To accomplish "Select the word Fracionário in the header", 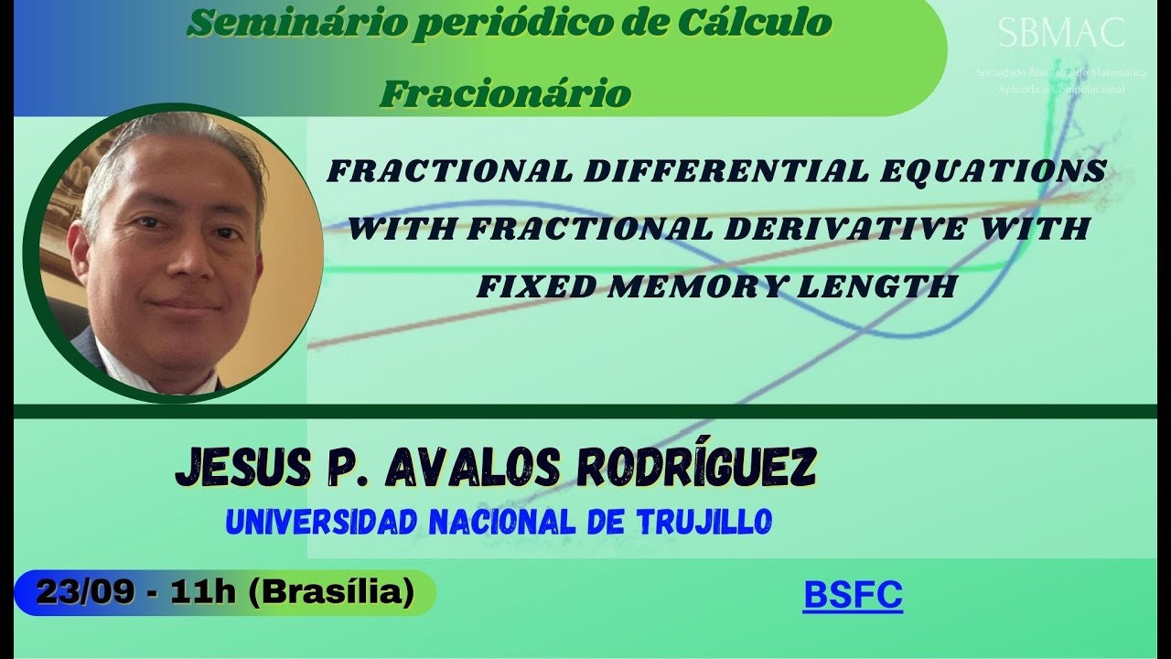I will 505,92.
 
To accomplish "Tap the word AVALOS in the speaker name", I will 468,469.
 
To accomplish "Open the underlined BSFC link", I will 853,595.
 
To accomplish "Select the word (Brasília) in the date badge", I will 333,593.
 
